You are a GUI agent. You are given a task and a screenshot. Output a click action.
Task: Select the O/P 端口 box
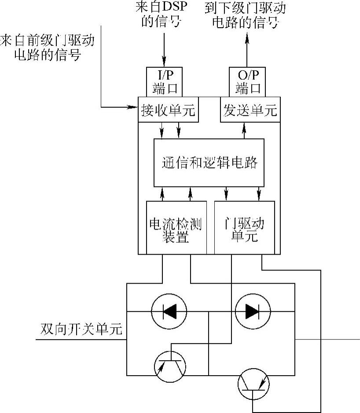tap(247, 82)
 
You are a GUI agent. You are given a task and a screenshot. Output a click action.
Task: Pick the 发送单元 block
tap(250, 110)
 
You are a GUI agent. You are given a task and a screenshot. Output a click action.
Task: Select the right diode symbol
tap(252, 311)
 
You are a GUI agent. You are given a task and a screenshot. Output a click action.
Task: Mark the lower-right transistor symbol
tap(253, 384)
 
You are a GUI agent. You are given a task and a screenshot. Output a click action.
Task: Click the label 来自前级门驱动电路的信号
tap(48, 48)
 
